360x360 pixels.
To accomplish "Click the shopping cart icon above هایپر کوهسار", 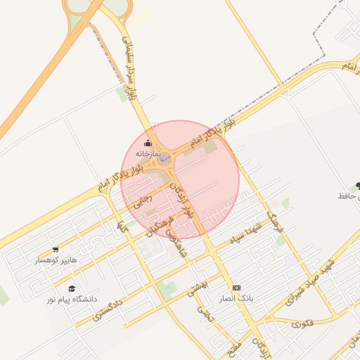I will click(56, 249).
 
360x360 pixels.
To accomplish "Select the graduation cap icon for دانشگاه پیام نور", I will click(71, 288).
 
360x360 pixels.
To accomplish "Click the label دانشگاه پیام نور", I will click(71, 300).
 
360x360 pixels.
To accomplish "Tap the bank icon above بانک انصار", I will click(236, 288).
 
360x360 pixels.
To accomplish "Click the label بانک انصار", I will click(236, 299).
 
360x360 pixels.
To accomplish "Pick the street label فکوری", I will click(300, 323).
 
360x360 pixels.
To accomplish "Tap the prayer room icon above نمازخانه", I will click(148, 143).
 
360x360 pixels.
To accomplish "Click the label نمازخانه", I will click(148, 153).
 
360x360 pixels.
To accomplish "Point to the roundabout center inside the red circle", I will click(165, 160).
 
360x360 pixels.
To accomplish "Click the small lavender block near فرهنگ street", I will click(290, 259).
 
